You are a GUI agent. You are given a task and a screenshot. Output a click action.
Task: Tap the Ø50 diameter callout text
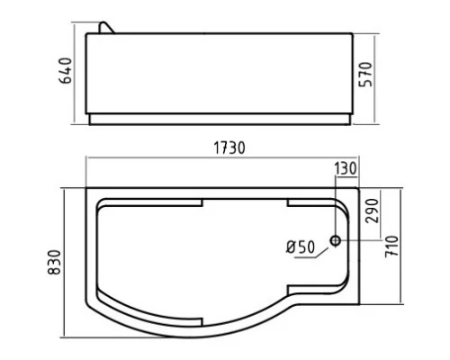299,247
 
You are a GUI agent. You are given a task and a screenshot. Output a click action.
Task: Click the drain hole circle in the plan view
335,240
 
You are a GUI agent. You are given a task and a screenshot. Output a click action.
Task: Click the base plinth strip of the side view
221,118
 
